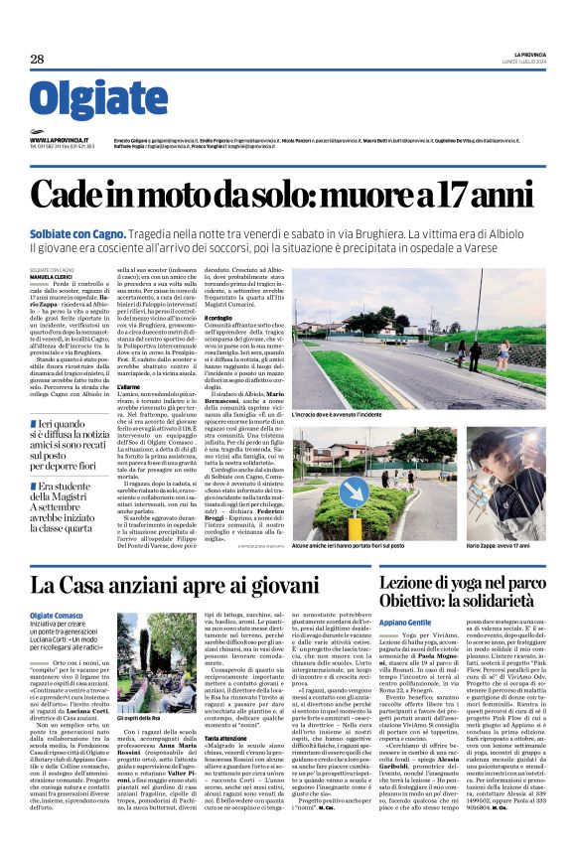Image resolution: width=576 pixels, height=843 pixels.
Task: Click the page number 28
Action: (38, 60)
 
